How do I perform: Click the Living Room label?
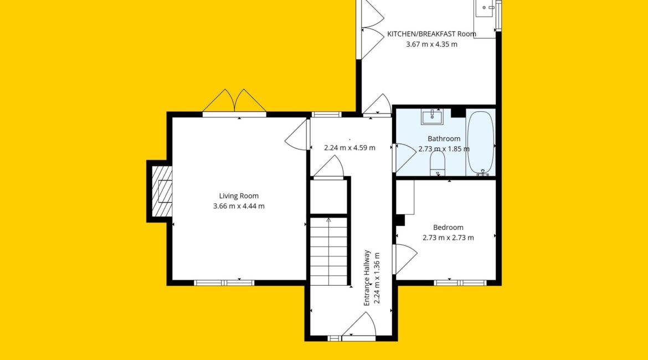(239, 196)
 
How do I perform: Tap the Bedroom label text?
(448, 227)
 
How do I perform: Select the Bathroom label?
(444, 138)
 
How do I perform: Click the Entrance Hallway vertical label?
(367, 277)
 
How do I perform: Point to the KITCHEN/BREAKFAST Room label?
(431, 34)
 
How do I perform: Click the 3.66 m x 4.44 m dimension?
(239, 206)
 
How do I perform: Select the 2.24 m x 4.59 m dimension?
(349, 147)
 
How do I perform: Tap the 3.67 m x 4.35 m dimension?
(431, 44)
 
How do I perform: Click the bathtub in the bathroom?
(480, 142)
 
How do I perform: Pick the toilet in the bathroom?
(437, 163)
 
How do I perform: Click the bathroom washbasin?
(432, 116)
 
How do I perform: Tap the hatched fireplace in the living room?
(162, 191)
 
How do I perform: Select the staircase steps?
(328, 251)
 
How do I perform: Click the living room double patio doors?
(234, 102)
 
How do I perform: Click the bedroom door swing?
(405, 259)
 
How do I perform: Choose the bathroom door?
(404, 157)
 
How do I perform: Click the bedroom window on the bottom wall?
(460, 282)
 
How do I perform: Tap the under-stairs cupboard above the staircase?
(328, 197)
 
